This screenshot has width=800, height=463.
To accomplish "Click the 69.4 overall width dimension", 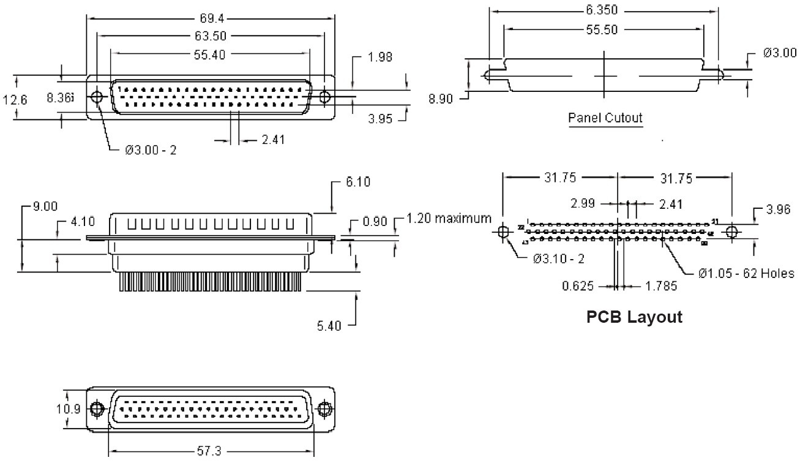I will pyautogui.click(x=210, y=18).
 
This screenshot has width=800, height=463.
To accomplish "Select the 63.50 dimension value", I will pyautogui.click(x=209, y=36).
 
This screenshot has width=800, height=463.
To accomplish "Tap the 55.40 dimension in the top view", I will pyautogui.click(x=209, y=55).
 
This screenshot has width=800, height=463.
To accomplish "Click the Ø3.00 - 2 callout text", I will pyautogui.click(x=151, y=150).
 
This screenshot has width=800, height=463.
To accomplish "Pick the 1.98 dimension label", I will pyautogui.click(x=379, y=57).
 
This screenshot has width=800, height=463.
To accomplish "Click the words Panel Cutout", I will pyautogui.click(x=605, y=117).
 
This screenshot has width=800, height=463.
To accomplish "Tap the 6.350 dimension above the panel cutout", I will pyautogui.click(x=602, y=10).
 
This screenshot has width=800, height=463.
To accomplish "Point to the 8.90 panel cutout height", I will pyautogui.click(x=441, y=98).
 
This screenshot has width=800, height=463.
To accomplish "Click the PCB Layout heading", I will pyautogui.click(x=634, y=317).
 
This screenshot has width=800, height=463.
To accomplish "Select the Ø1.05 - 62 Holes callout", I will pyautogui.click(x=746, y=273).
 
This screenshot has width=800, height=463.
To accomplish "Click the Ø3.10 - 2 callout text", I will pyautogui.click(x=558, y=258).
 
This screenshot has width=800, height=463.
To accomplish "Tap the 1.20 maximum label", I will pyautogui.click(x=449, y=218).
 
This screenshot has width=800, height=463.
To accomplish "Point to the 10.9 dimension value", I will pyautogui.click(x=69, y=408).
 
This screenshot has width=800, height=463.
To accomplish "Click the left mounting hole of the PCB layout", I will pyautogui.click(x=503, y=233).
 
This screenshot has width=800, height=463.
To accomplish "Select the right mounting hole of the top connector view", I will pyautogui.click(x=325, y=97).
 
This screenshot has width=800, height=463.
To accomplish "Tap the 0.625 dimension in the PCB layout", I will pyautogui.click(x=577, y=285).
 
